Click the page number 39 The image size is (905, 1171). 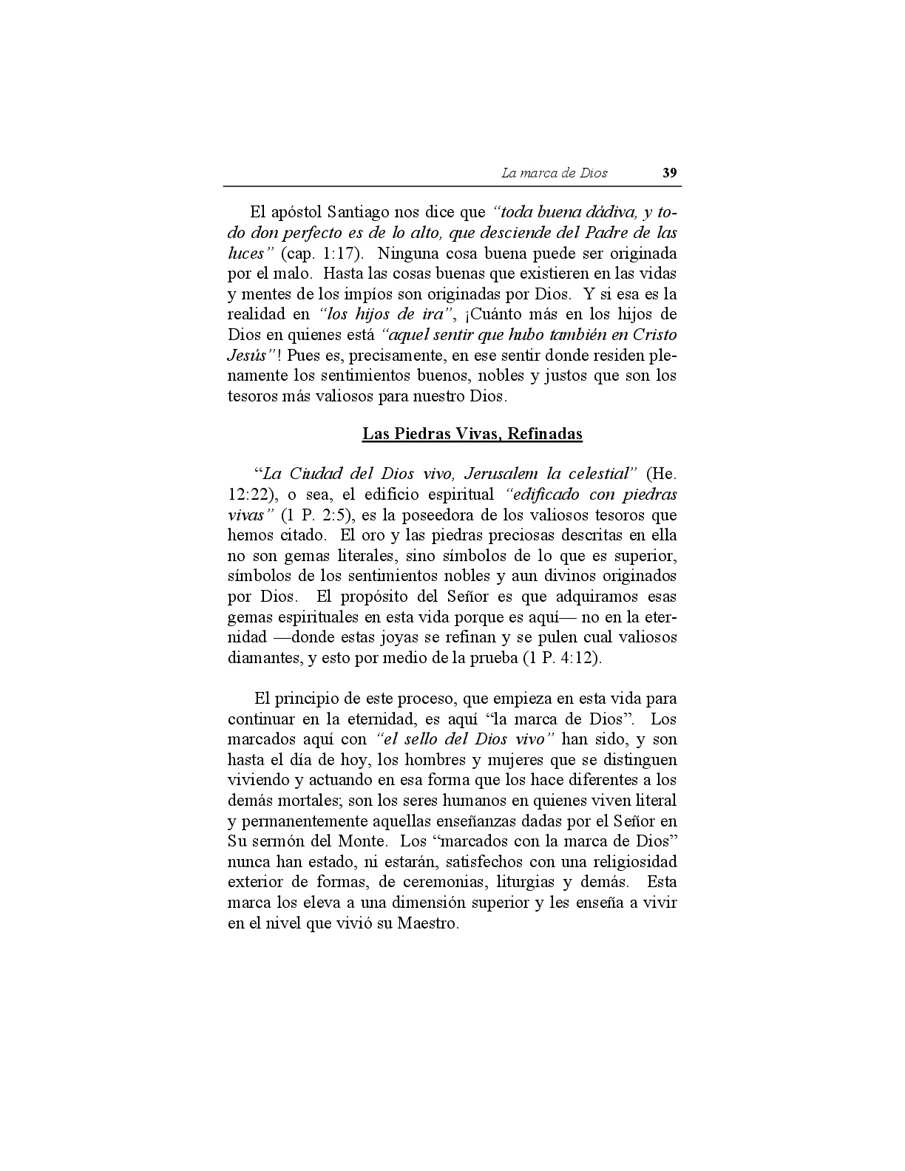(669, 173)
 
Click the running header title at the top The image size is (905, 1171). (555, 173)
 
